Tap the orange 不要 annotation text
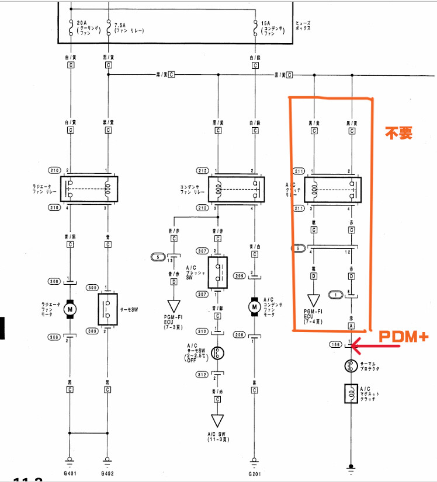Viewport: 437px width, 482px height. click(398, 133)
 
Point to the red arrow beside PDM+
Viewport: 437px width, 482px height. click(377, 346)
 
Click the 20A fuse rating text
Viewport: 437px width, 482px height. click(82, 24)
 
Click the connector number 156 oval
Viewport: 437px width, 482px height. click(335, 344)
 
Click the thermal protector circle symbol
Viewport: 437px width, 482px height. click(352, 366)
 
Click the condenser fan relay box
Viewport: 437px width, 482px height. click(236, 189)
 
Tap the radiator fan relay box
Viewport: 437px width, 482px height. click(89, 189)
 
